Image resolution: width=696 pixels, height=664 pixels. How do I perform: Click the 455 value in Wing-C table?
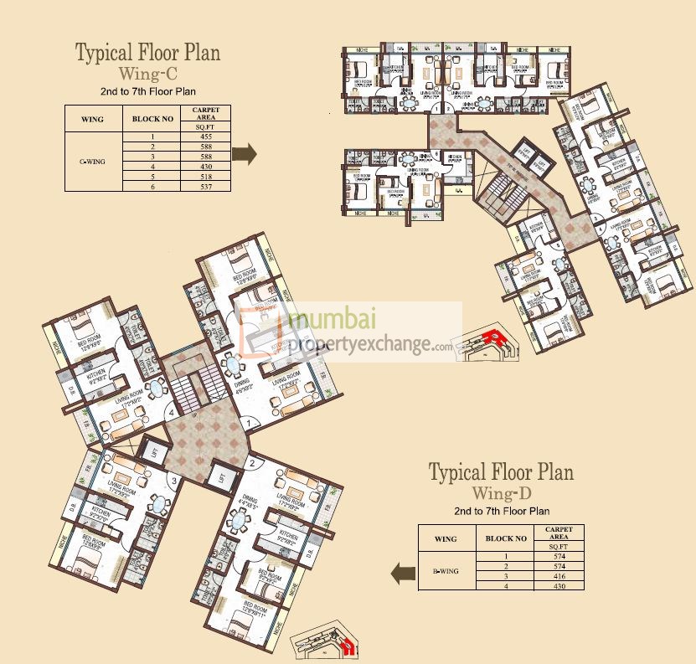pos(205,136)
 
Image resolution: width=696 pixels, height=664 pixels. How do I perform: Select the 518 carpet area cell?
pos(205,177)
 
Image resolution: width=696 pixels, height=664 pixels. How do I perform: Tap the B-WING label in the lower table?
pos(446,570)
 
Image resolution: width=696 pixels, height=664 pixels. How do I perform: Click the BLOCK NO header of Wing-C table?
pos(152,119)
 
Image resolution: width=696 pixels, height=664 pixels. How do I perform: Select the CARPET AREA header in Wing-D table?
pos(559,533)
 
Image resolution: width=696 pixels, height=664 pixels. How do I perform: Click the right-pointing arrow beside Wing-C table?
pos(244,154)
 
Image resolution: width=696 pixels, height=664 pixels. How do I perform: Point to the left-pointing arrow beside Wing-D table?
pos(403,573)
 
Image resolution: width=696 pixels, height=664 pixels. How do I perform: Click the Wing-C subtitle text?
pos(147,74)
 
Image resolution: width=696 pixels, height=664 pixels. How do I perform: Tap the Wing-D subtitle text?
pos(501,492)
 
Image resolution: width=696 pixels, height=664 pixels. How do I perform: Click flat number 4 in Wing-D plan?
pos(172,411)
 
